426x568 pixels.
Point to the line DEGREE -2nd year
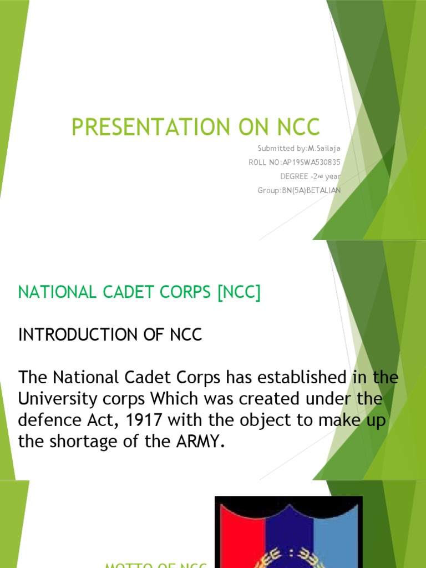311,176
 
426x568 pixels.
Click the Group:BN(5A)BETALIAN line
299,190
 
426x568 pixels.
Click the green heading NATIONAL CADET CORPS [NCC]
139,293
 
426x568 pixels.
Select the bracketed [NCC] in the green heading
239,293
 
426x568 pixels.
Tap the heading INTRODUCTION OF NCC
110,335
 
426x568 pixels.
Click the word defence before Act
45,419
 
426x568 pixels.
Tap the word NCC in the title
298,126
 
